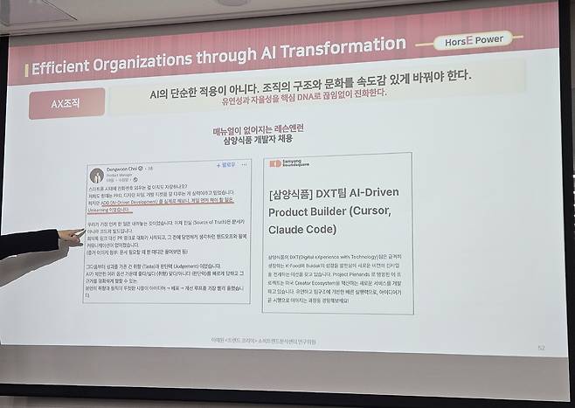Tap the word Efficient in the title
pos(66,68)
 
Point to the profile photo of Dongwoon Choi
pos(98,175)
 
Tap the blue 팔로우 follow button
pos(226,163)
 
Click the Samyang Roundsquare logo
pos(288,163)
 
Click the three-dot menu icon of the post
pos(245,163)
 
